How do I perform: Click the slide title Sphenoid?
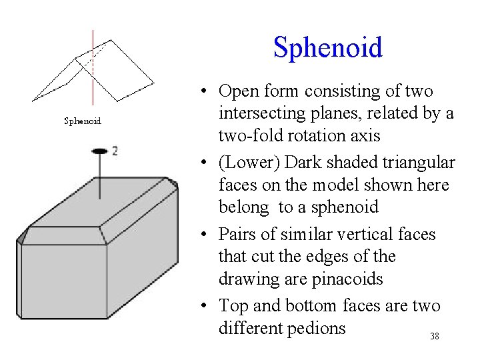click(x=328, y=48)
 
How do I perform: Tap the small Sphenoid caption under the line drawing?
click(x=82, y=121)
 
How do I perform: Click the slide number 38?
click(x=435, y=337)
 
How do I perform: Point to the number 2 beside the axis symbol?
click(x=115, y=151)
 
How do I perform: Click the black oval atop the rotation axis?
click(x=99, y=151)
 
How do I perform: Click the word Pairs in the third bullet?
click(x=238, y=235)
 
